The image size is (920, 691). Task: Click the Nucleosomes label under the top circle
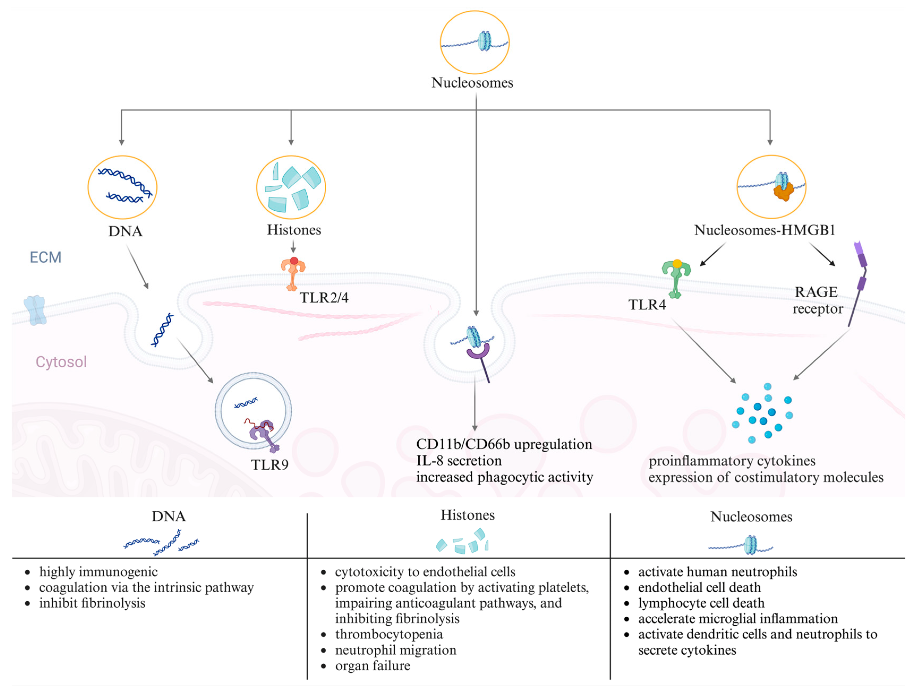click(x=472, y=83)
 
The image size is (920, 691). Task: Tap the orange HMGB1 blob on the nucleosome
click(x=783, y=192)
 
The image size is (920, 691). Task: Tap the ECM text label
click(x=45, y=258)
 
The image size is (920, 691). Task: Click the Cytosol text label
click(x=61, y=362)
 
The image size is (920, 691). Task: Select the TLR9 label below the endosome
click(x=269, y=465)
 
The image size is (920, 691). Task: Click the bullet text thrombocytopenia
click(x=389, y=634)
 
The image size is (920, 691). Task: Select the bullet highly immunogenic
click(x=98, y=572)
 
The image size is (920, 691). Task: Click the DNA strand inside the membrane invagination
click(x=162, y=330)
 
